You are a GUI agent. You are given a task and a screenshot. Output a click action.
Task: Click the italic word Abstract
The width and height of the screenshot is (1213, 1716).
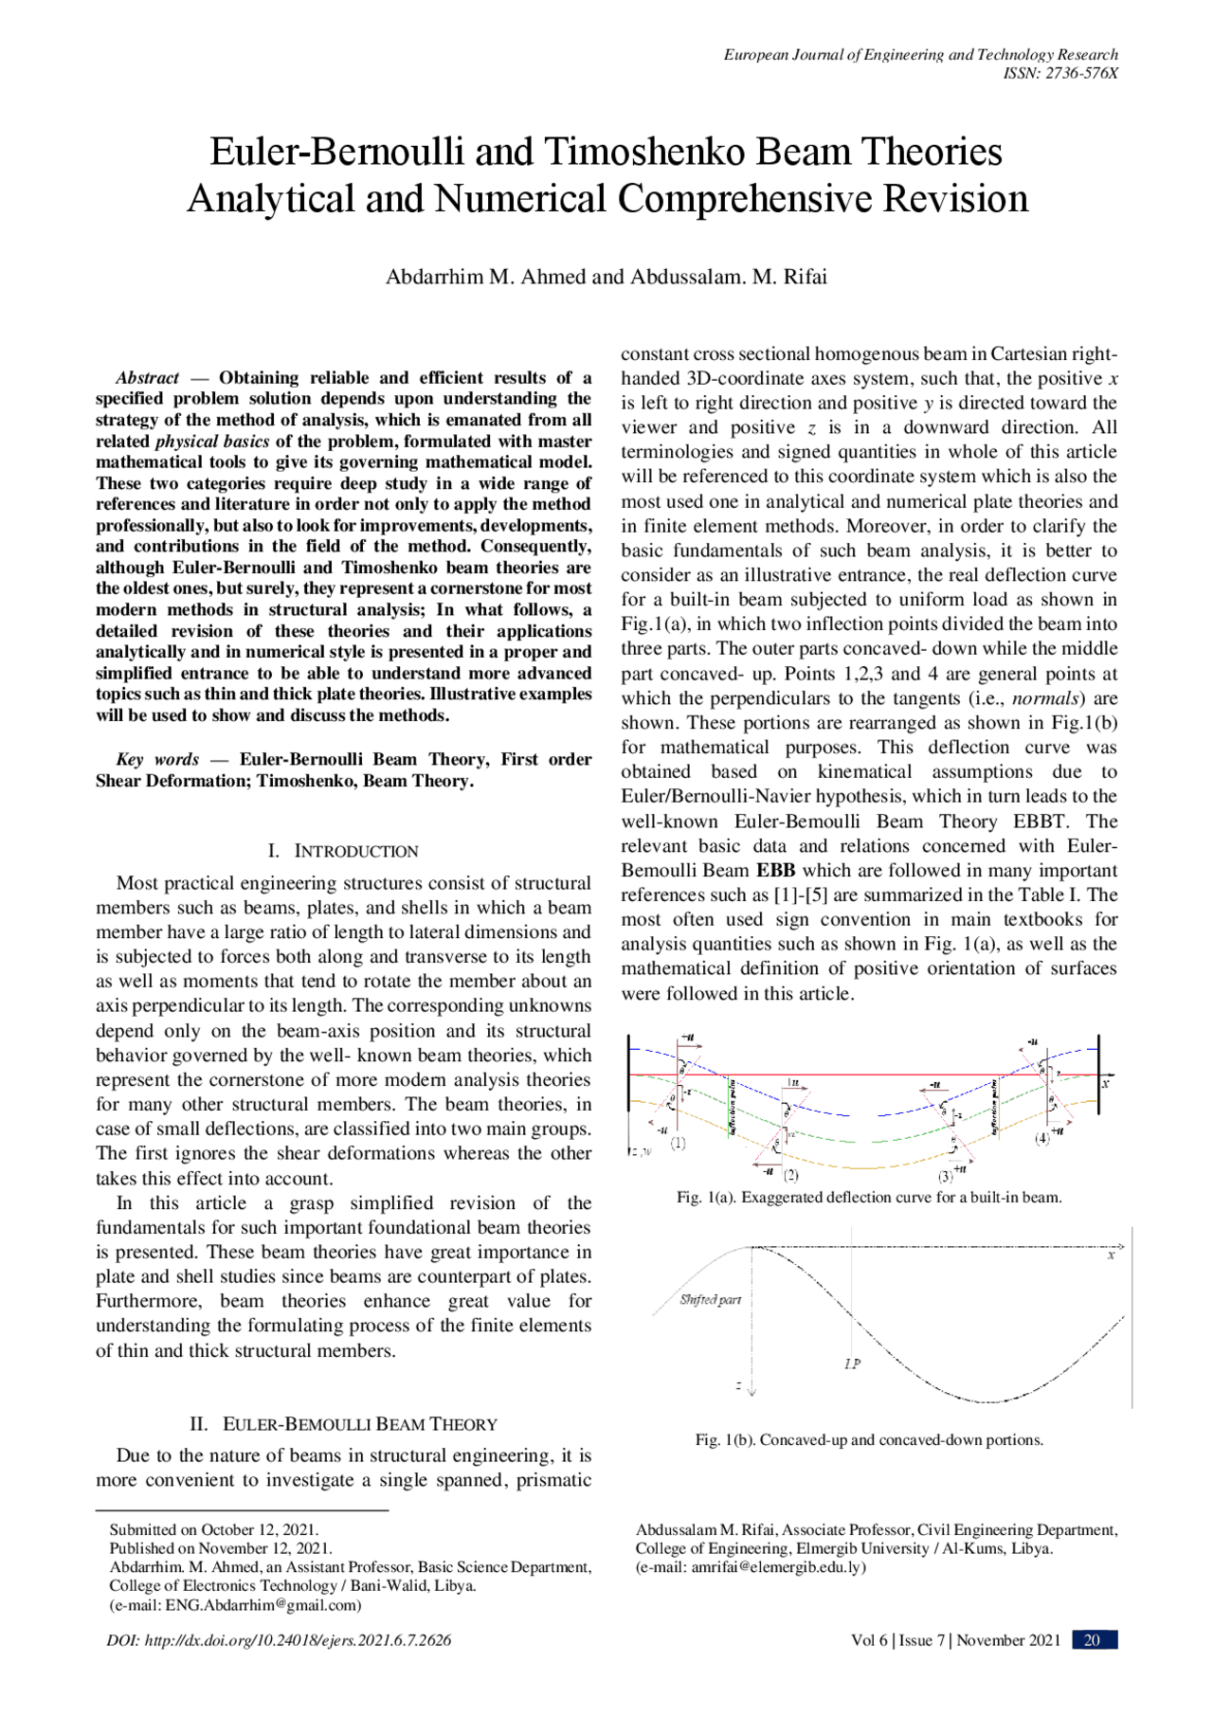click(147, 378)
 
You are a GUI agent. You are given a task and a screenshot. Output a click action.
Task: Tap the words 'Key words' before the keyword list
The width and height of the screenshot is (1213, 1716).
click(157, 760)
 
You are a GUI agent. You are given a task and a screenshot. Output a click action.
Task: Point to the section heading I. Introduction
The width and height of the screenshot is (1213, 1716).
click(343, 851)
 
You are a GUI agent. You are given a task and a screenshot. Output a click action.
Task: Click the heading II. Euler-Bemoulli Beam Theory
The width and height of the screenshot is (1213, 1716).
click(343, 1424)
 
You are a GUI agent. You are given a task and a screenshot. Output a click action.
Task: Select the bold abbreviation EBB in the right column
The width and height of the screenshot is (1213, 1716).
click(775, 871)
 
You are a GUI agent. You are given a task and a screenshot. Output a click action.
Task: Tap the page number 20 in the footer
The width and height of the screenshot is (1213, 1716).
click(1092, 1640)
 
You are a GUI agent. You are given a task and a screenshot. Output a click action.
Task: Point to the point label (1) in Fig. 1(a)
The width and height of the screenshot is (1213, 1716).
click(679, 1144)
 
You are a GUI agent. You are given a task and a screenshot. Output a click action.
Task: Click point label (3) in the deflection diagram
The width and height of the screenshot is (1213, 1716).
click(945, 1176)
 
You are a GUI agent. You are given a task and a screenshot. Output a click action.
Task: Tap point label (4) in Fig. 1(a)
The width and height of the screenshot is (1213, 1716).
click(1041, 1138)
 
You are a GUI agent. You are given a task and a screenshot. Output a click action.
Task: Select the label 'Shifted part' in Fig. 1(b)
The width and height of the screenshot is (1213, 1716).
click(710, 1300)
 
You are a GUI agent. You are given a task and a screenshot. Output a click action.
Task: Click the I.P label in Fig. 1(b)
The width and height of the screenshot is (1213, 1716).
click(852, 1364)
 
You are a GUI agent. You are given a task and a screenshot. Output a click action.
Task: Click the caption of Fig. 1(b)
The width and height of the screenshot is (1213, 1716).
click(869, 1440)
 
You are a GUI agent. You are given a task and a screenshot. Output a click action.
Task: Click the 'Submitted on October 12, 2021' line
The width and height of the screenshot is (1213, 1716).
click(214, 1529)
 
